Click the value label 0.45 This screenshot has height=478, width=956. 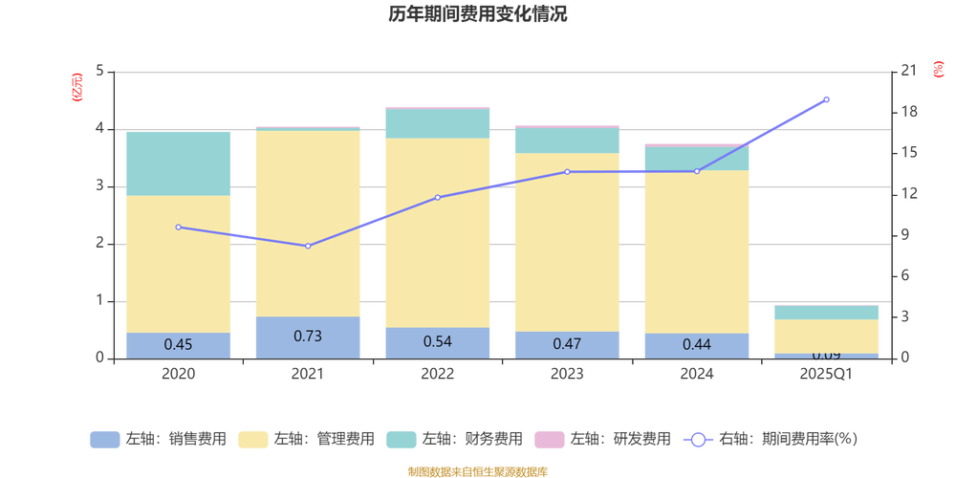(179, 344)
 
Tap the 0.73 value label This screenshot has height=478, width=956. (308, 336)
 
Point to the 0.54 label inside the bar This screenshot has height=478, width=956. (437, 341)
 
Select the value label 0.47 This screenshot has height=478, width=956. (567, 343)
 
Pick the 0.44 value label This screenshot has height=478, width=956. (696, 344)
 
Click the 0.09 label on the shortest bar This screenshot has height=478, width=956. (825, 357)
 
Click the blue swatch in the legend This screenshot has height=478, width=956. (104, 440)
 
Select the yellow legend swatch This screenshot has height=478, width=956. (252, 440)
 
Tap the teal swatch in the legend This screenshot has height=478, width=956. (401, 440)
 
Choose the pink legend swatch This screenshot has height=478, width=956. (549, 440)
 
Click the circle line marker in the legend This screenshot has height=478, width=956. (698, 440)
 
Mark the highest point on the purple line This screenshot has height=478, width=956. (827, 99)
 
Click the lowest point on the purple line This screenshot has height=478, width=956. (308, 246)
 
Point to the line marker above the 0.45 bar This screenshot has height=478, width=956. (179, 228)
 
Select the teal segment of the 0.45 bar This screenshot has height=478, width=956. (179, 163)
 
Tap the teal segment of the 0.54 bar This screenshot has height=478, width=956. (437, 123)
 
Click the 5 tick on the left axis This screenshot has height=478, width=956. (101, 73)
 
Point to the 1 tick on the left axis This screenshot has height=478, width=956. (101, 301)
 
